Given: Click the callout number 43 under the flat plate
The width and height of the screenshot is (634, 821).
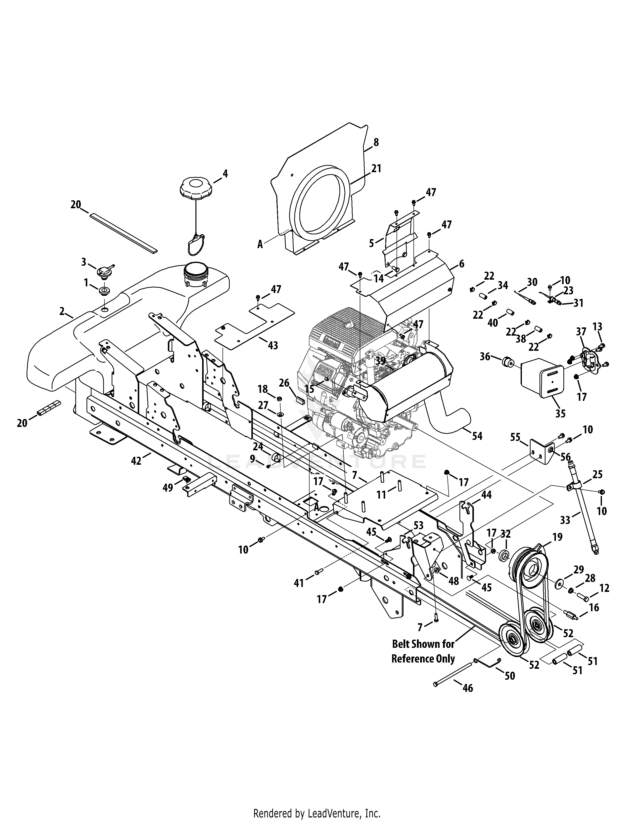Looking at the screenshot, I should pyautogui.click(x=273, y=345).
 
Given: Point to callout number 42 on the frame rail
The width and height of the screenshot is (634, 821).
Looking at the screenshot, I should pyautogui.click(x=136, y=461).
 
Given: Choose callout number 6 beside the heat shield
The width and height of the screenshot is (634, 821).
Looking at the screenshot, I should pyautogui.click(x=462, y=264).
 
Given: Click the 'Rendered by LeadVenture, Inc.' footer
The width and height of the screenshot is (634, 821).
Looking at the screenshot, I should pyautogui.click(x=317, y=811).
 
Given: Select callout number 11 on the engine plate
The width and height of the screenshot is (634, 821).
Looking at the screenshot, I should pyautogui.click(x=381, y=495).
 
